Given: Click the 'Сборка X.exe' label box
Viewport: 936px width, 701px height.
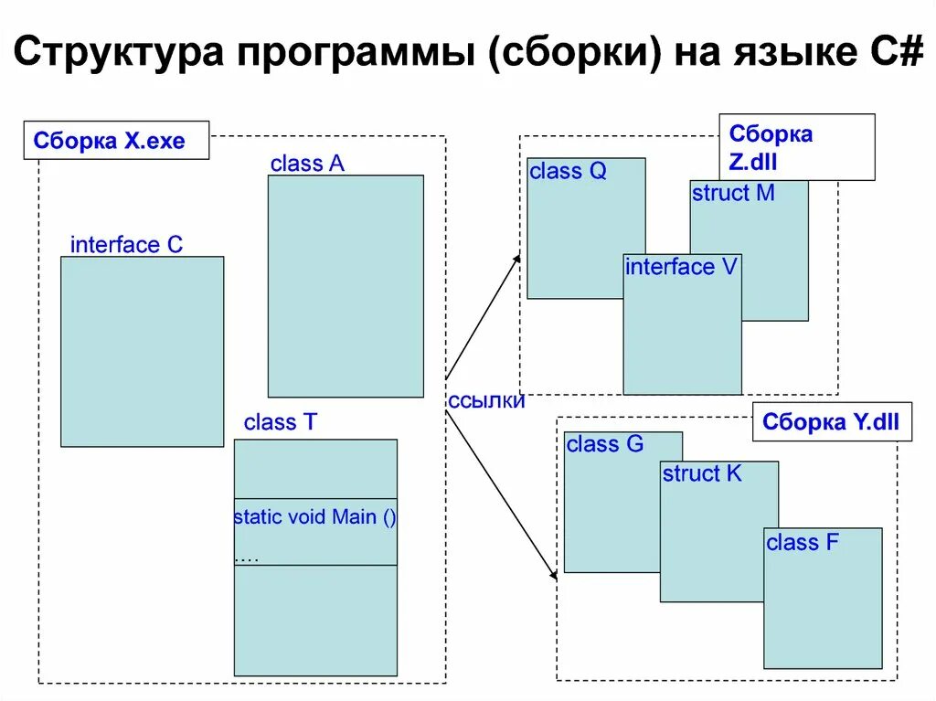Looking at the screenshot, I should [x=116, y=141].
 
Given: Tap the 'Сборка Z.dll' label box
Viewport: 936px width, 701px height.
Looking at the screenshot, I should [x=796, y=147].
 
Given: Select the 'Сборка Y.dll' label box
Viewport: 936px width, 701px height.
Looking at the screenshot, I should [x=831, y=422].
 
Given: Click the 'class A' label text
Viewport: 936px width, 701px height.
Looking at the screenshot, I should [x=307, y=164].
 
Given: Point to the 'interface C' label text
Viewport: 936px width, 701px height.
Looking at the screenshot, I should [x=126, y=244].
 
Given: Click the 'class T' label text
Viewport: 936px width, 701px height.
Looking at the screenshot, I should [x=282, y=422].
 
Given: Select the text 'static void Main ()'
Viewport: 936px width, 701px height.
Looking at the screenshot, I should [x=314, y=517].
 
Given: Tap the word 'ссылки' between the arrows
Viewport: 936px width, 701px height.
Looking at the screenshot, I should [x=486, y=401].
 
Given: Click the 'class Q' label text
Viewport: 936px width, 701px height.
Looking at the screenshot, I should [x=568, y=171].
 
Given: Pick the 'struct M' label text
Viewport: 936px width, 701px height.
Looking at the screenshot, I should [x=733, y=193].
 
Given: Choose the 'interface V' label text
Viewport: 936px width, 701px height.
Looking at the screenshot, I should [x=681, y=267].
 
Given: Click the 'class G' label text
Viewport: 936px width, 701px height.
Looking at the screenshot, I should [x=605, y=444].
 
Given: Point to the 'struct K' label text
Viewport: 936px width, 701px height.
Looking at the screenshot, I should [x=702, y=473].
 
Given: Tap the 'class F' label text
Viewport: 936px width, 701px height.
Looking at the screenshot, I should [x=803, y=542].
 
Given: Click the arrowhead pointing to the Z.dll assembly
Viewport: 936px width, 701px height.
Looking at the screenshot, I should [x=516, y=260].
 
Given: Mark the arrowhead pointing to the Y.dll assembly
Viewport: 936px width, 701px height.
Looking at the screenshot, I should [x=553, y=575].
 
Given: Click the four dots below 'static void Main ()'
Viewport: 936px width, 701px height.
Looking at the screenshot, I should [x=247, y=557].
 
